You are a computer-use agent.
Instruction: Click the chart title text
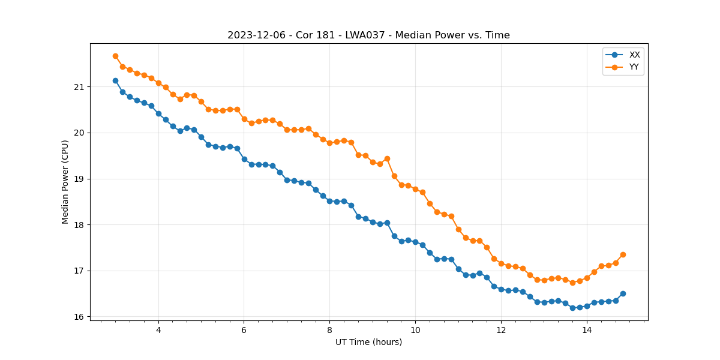[368, 35]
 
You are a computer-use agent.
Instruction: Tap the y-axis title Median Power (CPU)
[65, 182]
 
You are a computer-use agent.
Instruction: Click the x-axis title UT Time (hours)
[368, 342]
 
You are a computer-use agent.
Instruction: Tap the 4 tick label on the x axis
[158, 330]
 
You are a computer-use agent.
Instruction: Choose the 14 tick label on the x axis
[587, 330]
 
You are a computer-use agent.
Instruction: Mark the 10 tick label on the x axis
[415, 330]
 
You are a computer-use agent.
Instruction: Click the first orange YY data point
[115, 56]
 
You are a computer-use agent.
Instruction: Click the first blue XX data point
[115, 80]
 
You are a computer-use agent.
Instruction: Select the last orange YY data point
[623, 254]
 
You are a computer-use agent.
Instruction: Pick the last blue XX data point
[623, 293]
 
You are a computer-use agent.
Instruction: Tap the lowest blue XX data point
[572, 308]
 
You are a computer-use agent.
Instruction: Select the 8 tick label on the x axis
[329, 330]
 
